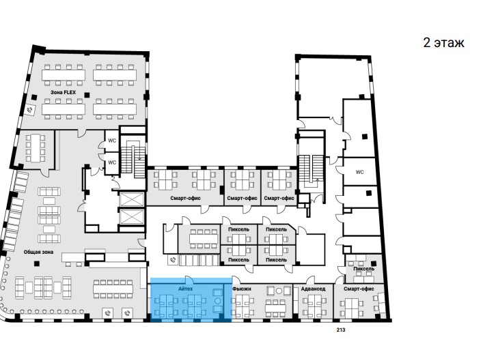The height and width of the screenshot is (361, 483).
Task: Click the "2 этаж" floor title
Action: pos(443,43)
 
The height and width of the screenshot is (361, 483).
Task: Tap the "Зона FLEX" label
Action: pos(63,92)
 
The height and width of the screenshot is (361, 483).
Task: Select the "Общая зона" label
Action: pos(38,252)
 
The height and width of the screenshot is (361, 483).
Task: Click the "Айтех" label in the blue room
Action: pos(185,289)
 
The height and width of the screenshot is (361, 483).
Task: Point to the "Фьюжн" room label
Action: pos(242,289)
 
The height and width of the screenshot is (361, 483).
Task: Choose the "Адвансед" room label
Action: pos(313,289)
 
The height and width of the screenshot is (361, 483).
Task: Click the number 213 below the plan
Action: pos(341,330)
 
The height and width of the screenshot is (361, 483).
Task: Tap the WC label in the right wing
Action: pos(360,172)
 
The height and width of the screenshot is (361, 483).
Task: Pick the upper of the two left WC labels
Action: pos(112,141)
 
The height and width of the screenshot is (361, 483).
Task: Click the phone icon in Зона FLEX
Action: pos(30,110)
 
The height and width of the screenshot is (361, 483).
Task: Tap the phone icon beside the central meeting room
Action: pos(173,260)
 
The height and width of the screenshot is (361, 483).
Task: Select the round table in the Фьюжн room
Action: pos(279,291)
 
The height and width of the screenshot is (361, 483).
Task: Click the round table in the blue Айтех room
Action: pos(218,300)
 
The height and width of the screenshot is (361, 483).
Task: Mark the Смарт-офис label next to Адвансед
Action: pos(359,289)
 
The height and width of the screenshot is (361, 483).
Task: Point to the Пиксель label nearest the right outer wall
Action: pos(364,269)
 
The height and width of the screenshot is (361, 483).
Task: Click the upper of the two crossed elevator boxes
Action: pos(132,199)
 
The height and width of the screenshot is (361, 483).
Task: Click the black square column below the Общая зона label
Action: pos(37,263)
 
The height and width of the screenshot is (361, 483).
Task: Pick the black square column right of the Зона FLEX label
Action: pos(87,95)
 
